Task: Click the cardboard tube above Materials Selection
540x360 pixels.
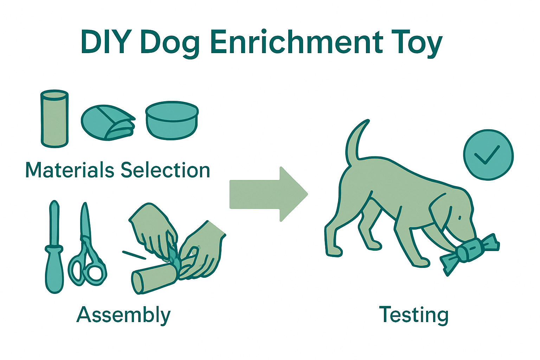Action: point(54,118)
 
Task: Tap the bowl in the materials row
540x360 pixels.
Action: point(172,121)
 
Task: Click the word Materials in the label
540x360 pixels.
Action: point(70,170)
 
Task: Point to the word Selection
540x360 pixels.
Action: point(165,170)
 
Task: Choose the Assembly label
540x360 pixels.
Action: point(123,315)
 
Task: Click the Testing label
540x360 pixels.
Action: point(414,315)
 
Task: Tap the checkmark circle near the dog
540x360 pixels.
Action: point(488,155)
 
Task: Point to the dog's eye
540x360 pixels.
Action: point(459,218)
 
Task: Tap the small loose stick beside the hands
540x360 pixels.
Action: point(134,255)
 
